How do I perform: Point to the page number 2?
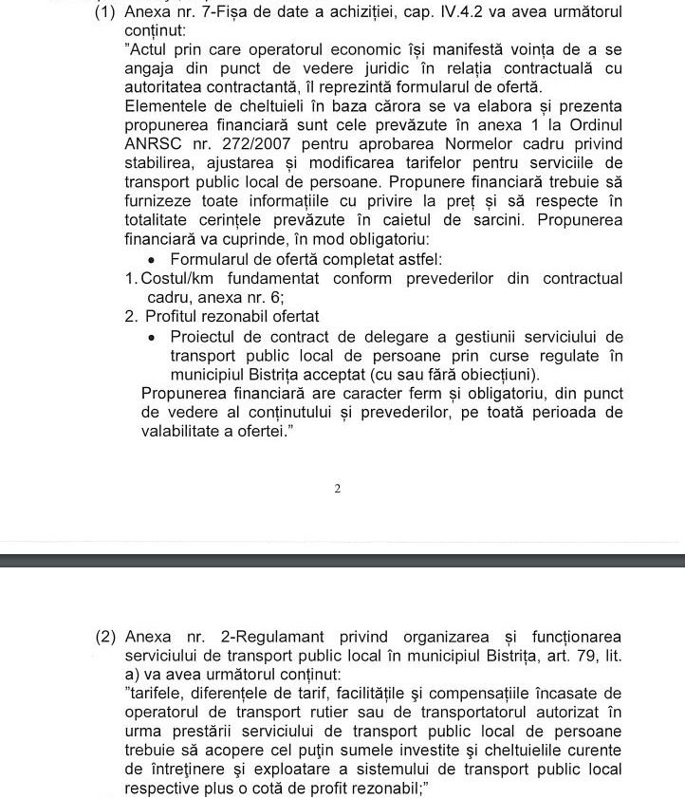point(337,489)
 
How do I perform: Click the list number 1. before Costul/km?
point(132,279)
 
